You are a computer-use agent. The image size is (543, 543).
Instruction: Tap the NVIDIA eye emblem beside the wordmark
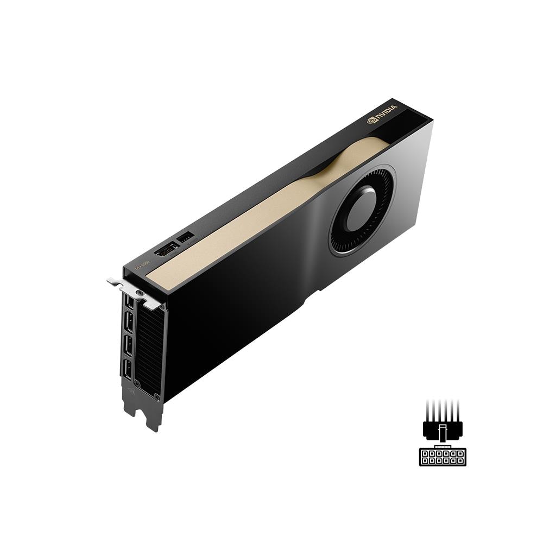coord(372,119)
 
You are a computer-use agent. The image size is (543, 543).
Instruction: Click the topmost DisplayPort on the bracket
coord(128,301)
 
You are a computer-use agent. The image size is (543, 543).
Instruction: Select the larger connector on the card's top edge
coord(166,250)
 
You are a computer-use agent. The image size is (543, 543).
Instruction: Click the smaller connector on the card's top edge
coord(185,238)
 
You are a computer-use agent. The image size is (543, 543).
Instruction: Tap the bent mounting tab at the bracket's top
coord(114,282)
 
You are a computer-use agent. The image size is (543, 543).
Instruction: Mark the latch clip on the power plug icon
coord(443,432)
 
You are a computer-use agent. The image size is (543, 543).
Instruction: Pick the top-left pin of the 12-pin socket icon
coord(425,452)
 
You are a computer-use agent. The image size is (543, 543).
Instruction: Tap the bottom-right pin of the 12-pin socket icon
coord(461,460)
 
